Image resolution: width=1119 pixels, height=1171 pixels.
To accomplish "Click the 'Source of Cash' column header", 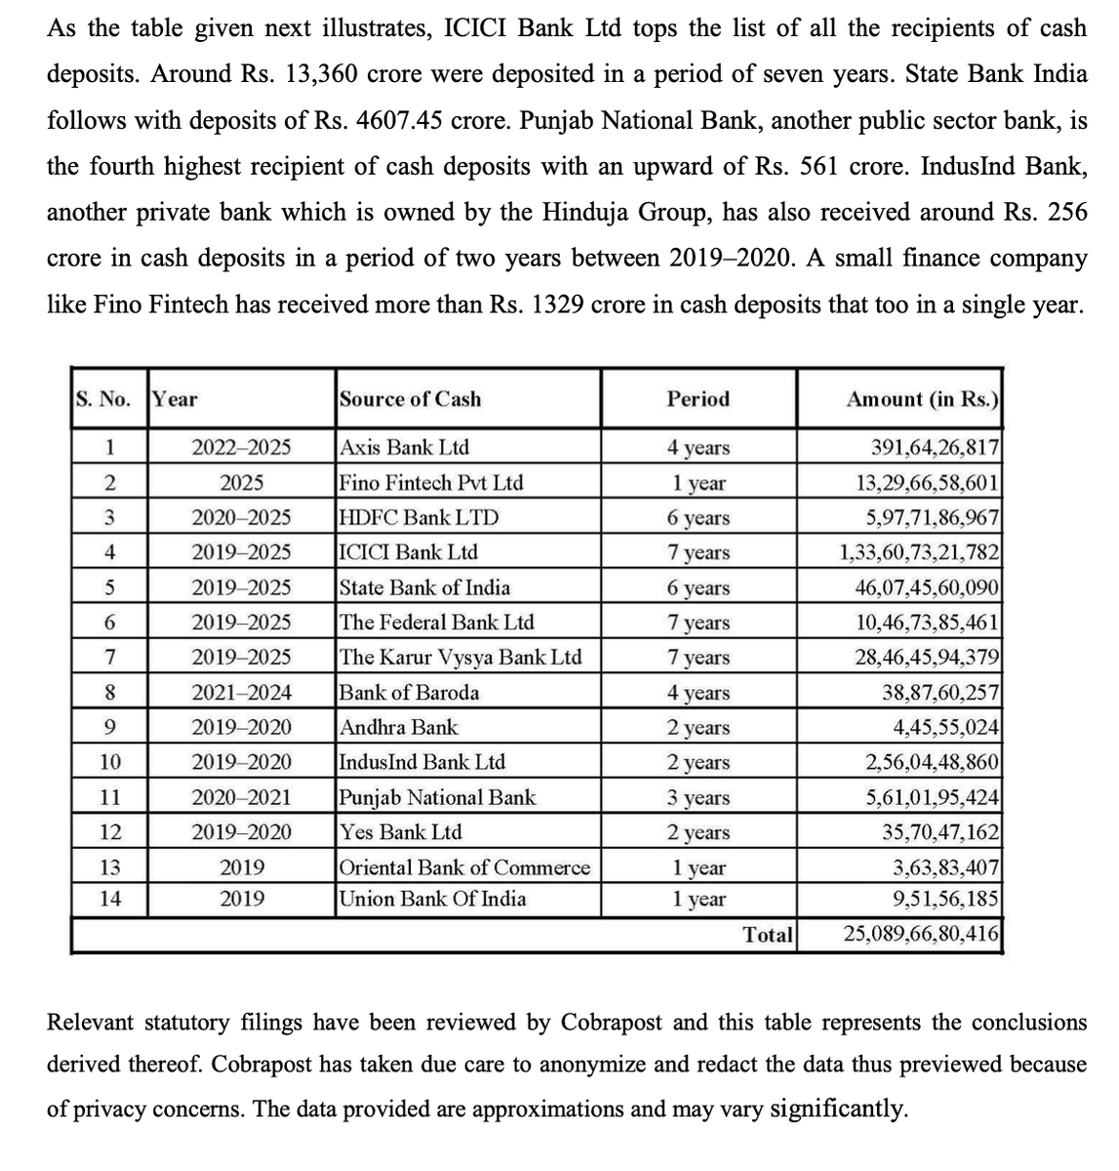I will click(410, 398).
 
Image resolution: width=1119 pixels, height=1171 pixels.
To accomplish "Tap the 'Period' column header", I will click(698, 398).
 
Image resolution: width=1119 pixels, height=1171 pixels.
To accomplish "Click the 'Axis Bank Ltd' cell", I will click(404, 447).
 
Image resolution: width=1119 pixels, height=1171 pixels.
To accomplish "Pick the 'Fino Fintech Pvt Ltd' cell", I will click(430, 482).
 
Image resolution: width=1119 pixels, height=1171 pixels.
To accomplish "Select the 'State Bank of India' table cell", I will click(423, 587).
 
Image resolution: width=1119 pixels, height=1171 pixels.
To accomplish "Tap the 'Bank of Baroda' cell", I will click(409, 693).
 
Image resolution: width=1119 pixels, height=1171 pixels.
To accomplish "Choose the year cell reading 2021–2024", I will click(241, 693).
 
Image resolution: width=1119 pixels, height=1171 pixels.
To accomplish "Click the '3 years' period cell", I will click(698, 797).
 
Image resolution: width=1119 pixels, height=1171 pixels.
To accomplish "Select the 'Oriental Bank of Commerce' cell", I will click(464, 868).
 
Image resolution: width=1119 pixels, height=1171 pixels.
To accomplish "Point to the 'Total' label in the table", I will click(768, 935).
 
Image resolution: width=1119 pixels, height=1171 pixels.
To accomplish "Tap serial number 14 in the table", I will click(111, 899).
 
